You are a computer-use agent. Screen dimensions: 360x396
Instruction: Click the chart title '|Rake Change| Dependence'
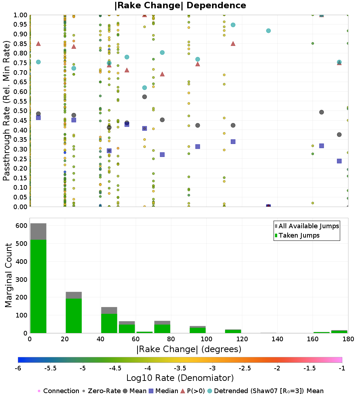point(180,5)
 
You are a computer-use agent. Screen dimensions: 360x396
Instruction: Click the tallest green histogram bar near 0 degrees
point(39,286)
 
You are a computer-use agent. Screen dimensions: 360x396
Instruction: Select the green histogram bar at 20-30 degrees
point(74,316)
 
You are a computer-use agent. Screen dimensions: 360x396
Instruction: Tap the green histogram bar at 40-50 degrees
point(109,323)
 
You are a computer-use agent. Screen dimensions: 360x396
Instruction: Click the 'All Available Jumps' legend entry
point(307,226)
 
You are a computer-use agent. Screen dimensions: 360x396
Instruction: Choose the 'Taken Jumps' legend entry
point(297,235)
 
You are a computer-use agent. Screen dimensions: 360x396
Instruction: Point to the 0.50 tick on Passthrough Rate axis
point(20,111)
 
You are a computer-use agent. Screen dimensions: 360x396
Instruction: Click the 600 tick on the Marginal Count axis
point(21,226)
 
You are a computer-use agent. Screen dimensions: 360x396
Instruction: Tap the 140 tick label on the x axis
point(278,339)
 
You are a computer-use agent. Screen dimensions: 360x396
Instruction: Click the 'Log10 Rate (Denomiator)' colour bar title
point(180,378)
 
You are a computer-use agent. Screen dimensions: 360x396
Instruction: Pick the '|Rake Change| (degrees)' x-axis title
point(189,349)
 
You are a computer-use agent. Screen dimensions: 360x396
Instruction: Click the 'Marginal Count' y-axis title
point(8,275)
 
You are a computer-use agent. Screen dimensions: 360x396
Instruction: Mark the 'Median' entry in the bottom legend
point(163,391)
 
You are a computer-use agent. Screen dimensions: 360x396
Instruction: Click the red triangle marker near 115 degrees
point(233,44)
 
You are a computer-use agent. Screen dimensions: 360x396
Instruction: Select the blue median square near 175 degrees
point(339,161)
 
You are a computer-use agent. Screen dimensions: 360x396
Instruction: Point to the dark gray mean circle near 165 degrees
point(321,112)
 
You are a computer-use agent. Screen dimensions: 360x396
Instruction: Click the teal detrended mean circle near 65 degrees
point(144,87)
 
